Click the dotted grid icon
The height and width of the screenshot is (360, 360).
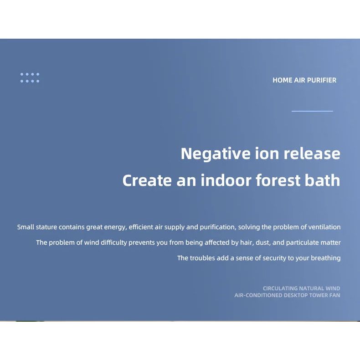coord(30,77)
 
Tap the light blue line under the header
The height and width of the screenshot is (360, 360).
coord(312,111)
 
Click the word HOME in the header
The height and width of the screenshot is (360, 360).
coord(282,80)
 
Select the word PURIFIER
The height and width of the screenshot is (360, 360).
coord(322,80)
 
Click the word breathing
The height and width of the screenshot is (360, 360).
coord(326,258)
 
